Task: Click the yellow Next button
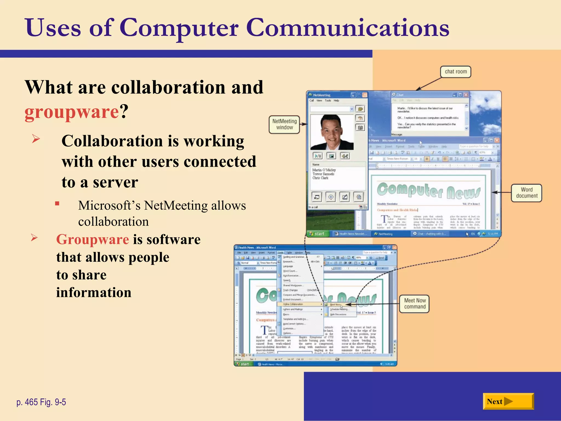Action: [x=508, y=401]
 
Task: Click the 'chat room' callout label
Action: [x=456, y=72]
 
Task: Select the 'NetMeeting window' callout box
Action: [x=284, y=124]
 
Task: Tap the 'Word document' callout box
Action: [x=526, y=193]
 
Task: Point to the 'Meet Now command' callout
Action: [x=414, y=304]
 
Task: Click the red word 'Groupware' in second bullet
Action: [x=92, y=239]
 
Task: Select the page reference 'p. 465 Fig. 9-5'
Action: [x=41, y=402]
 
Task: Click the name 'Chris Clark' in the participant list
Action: [x=320, y=178]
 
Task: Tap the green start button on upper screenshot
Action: [x=317, y=234]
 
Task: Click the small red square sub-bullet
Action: [x=57, y=203]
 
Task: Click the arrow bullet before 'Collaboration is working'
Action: [x=36, y=139]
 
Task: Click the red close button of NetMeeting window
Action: [x=365, y=95]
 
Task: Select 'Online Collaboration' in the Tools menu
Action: [x=293, y=304]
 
